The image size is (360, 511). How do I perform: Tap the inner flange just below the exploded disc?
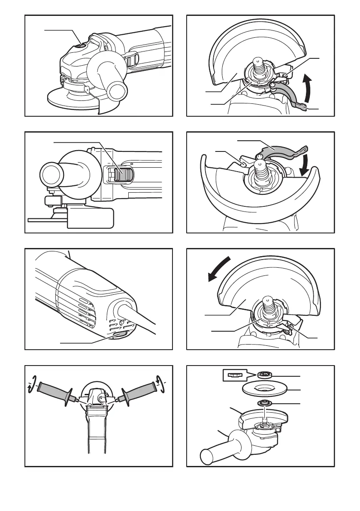(x=262, y=404)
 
